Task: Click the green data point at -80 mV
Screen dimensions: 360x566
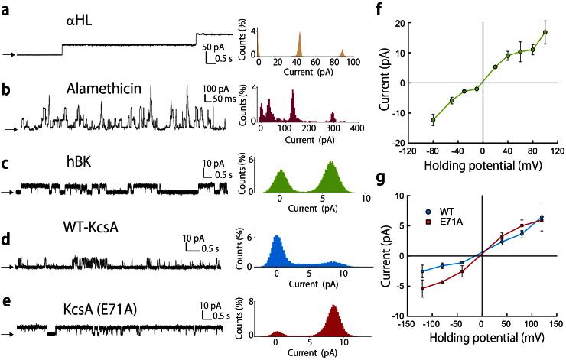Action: [434, 120]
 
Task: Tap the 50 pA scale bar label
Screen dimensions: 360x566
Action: [215, 47]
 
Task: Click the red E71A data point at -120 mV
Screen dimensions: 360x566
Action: [422, 288]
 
